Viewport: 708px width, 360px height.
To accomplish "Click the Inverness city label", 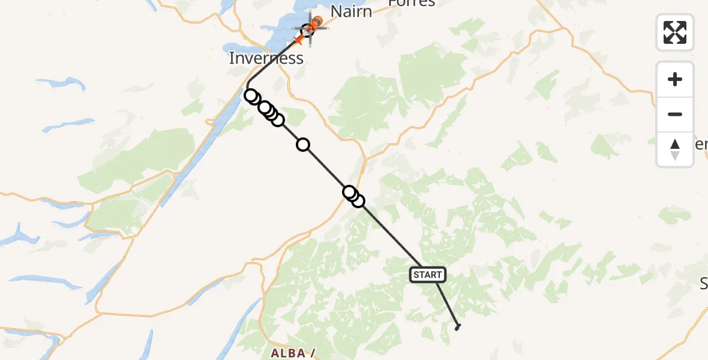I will click(266, 58).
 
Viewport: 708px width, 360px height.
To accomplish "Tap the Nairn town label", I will click(351, 11).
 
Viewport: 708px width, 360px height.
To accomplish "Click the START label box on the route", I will click(427, 275).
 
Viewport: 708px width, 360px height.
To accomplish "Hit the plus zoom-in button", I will click(675, 79).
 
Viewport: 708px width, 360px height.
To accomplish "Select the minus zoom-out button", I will click(675, 114).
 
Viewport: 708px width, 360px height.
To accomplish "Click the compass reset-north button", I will click(675, 149).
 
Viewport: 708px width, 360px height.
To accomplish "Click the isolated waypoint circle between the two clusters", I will click(303, 144).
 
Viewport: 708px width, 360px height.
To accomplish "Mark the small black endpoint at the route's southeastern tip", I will click(458, 326).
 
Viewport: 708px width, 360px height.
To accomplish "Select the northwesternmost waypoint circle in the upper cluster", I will click(251, 95).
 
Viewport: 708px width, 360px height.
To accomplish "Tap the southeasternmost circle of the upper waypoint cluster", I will click(277, 120).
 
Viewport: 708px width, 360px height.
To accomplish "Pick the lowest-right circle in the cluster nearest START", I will click(358, 201).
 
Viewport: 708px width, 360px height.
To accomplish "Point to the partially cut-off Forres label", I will click(411, 3).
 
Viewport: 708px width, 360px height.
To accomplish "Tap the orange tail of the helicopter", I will click(299, 40).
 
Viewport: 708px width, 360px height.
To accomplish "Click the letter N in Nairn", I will click(335, 11).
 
